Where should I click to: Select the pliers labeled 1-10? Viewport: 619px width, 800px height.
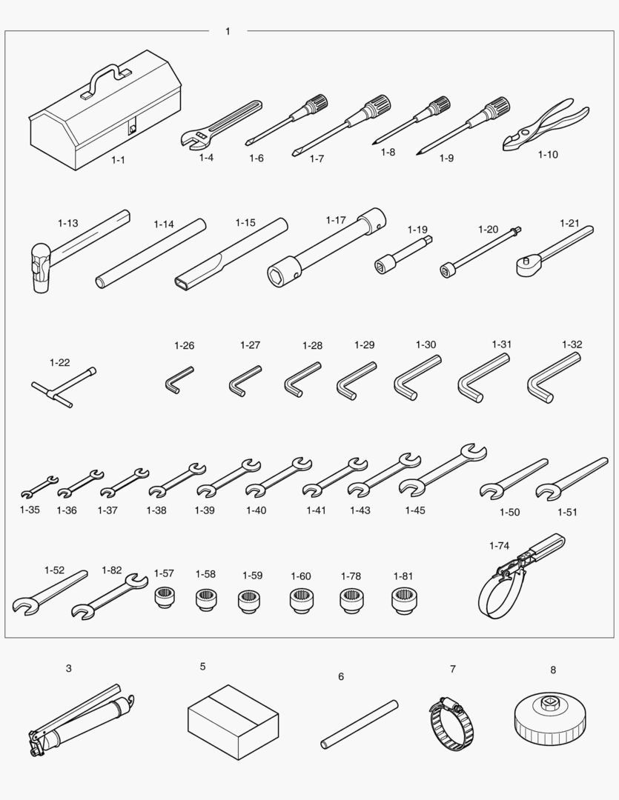click(x=546, y=124)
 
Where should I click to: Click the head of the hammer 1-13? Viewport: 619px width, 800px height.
click(x=39, y=268)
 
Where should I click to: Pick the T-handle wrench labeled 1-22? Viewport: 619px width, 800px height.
click(x=63, y=387)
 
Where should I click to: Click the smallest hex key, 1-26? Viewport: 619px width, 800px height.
click(x=178, y=380)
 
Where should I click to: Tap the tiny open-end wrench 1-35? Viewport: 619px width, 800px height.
click(x=39, y=487)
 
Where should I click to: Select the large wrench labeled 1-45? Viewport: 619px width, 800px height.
click(x=443, y=470)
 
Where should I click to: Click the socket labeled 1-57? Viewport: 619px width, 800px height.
click(x=165, y=596)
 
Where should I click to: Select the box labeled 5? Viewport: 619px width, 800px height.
click(x=233, y=721)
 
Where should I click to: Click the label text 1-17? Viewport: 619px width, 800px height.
click(x=336, y=220)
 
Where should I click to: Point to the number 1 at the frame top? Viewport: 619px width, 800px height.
click(x=228, y=32)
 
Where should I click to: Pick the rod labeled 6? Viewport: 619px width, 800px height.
click(x=360, y=724)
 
